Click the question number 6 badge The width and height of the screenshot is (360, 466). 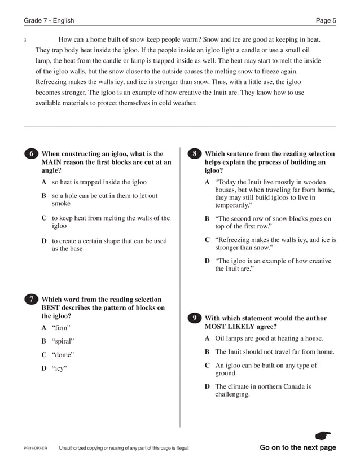pyautogui.click(x=32, y=154)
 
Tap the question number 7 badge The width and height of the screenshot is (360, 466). pyautogui.click(x=32, y=300)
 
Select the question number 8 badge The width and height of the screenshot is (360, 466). pyautogui.click(x=194, y=154)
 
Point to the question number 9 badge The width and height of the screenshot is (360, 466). pyautogui.click(x=194, y=318)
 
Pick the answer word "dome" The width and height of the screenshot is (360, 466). pyautogui.click(x=63, y=355)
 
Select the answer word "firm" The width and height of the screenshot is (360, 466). pyautogui.click(x=62, y=327)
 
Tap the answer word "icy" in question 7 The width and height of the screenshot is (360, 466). pyautogui.click(x=59, y=368)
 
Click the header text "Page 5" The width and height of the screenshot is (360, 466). pyautogui.click(x=326, y=21)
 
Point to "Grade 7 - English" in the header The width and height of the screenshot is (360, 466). pyautogui.click(x=49, y=21)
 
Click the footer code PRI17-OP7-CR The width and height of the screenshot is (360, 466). pyautogui.click(x=35, y=449)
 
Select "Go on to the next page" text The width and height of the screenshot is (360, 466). pyautogui.click(x=297, y=448)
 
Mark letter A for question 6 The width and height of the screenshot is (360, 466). pyautogui.click(x=44, y=182)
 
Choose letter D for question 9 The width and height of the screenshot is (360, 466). pyautogui.click(x=207, y=386)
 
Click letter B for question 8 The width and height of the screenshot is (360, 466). pyautogui.click(x=207, y=218)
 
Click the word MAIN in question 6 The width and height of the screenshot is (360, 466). pyautogui.click(x=54, y=162)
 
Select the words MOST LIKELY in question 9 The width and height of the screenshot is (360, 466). pyautogui.click(x=229, y=326)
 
